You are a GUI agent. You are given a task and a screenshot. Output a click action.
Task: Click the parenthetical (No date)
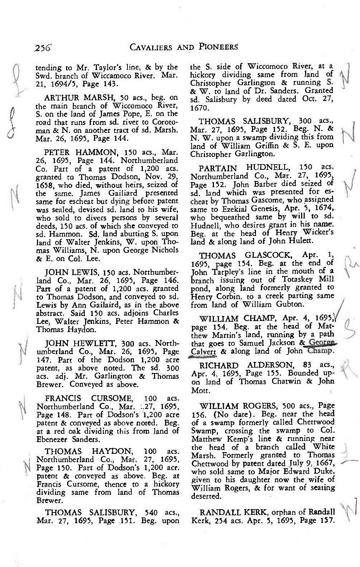[x=218, y=414]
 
